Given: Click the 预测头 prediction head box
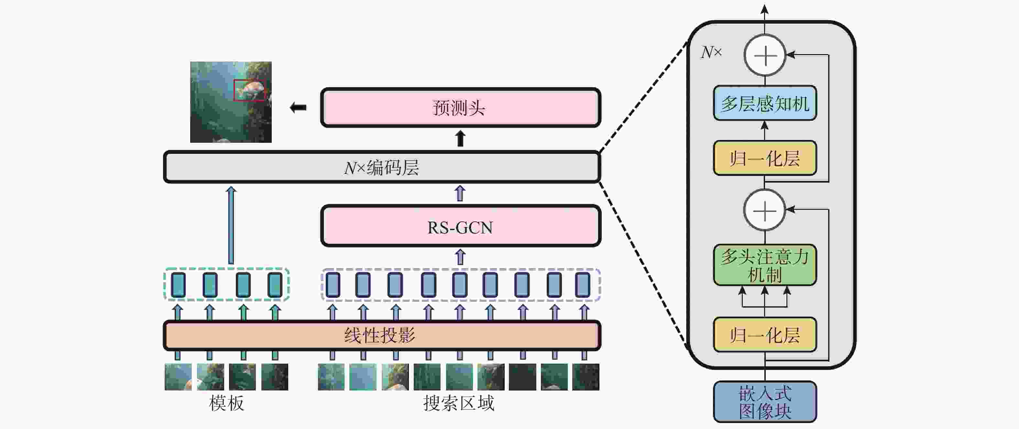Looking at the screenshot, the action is pos(460,107).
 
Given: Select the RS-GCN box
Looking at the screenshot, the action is pos(460,226).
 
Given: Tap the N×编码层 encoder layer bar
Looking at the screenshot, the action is pos(382,167).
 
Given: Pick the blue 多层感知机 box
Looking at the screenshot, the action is pos(765,103).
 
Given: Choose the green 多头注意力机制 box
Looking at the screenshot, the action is pos(765,265).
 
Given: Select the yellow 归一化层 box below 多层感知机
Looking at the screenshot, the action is pos(765,158).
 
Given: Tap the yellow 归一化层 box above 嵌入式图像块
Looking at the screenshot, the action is pos(765,335).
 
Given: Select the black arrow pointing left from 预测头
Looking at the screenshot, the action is pos(298,107).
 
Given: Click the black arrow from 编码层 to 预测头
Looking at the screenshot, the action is pos(460,139).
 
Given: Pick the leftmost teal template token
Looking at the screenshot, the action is pos(178,285).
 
